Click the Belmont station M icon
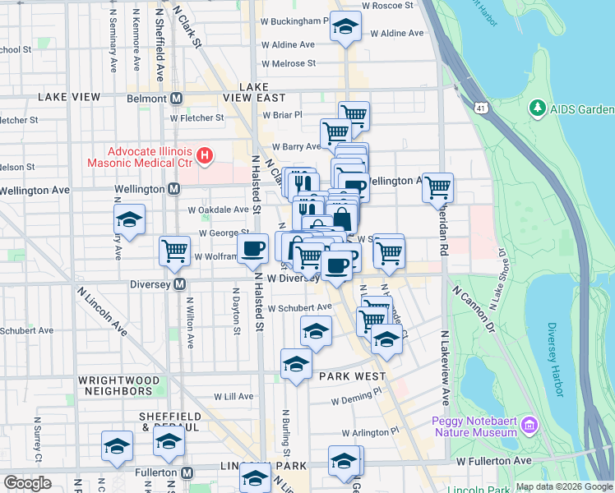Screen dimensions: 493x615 [x=176, y=99]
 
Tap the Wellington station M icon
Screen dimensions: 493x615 [x=173, y=189]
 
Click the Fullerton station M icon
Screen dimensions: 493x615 [x=187, y=473]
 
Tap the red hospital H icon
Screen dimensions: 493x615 [x=206, y=154]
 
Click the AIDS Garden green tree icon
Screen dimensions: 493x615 [x=538, y=108]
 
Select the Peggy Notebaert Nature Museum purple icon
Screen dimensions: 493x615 [x=530, y=425]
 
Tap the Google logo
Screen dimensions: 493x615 [x=27, y=483]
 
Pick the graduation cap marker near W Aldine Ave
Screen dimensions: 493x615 [x=345, y=26]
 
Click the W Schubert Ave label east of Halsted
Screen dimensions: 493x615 [x=298, y=307]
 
